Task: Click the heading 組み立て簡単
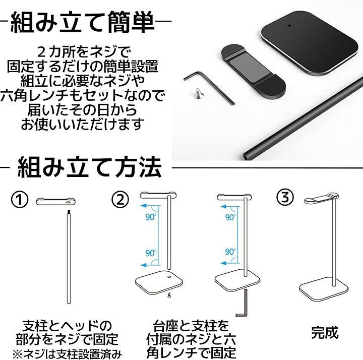click(82, 23)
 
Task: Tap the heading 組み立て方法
click(90, 167)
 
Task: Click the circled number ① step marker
click(20, 199)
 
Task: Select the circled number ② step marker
click(120, 199)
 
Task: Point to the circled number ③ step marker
click(285, 198)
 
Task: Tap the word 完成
click(325, 333)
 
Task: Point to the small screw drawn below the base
click(169, 295)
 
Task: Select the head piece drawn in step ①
click(56, 201)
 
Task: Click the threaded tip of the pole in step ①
click(69, 212)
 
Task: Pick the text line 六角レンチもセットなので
click(82, 95)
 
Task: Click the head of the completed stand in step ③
click(321, 199)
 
